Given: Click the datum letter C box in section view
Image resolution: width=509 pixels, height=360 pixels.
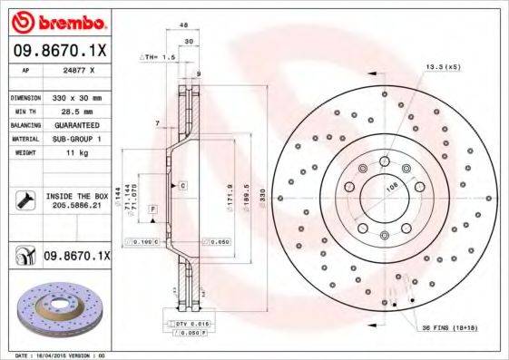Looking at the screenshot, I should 182,186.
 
